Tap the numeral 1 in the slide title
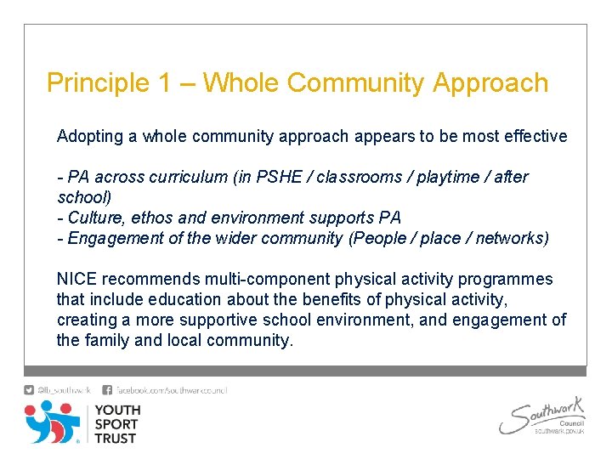coord(166,83)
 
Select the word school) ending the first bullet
coord(82,197)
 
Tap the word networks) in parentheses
coord(512,238)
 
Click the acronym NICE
coord(77,279)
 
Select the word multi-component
coord(268,279)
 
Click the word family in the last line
coord(106,340)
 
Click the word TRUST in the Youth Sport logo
coord(116,439)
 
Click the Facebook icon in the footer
coord(107,390)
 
